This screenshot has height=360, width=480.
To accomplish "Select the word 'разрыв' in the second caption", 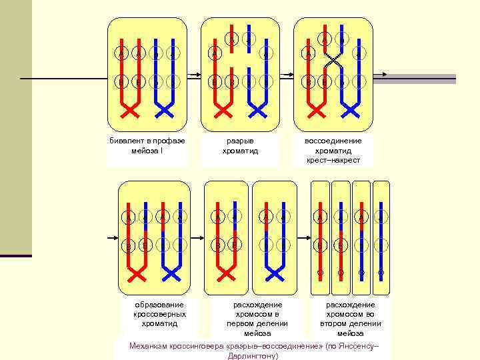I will [x=240, y=141].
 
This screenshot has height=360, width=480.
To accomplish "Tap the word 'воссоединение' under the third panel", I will [x=333, y=141].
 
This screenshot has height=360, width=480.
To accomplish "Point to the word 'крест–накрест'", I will [x=333, y=160].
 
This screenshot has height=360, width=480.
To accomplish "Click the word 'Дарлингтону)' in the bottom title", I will [x=253, y=355].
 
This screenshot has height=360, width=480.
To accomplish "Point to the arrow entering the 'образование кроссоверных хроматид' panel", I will [x=112, y=237].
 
